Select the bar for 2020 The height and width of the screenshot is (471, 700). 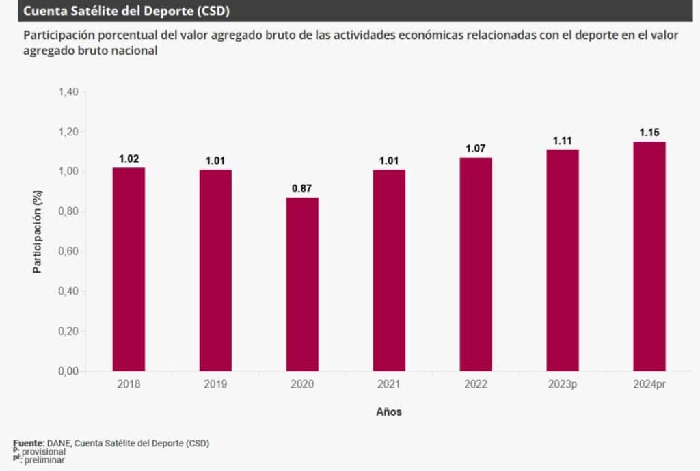click(x=302, y=284)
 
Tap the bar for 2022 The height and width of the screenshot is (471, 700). click(x=476, y=264)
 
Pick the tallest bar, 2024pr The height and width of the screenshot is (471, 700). click(x=649, y=256)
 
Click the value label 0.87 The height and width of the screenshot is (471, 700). click(x=302, y=188)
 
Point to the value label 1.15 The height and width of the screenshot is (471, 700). click(x=649, y=132)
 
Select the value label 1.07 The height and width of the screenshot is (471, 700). click(x=476, y=148)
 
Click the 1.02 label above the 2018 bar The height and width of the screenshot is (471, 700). click(x=129, y=159)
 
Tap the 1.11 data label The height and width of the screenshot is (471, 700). click(x=563, y=140)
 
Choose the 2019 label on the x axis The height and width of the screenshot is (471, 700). click(x=215, y=385)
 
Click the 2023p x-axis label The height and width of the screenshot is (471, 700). click(x=563, y=385)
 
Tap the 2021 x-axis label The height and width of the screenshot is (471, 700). click(x=389, y=385)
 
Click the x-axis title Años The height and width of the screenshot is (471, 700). click(x=389, y=412)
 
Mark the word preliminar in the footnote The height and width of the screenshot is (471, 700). click(x=45, y=460)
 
